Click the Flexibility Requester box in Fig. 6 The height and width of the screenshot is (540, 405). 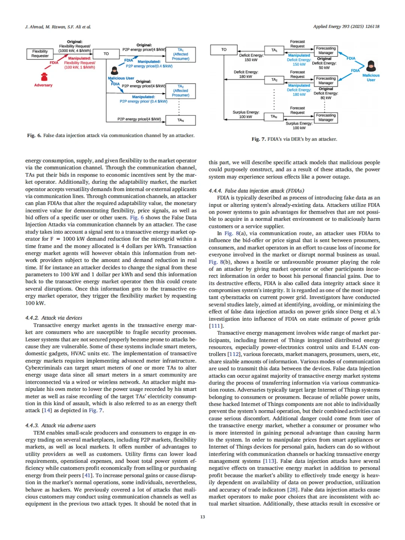tap(40, 54)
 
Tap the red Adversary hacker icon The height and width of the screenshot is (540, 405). tap(44, 77)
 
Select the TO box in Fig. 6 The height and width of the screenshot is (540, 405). tap(106, 54)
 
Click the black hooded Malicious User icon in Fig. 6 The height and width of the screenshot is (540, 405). tap(115, 70)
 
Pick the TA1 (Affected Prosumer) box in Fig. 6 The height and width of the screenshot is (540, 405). tap(180, 54)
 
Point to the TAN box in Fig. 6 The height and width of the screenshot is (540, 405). tap(180, 120)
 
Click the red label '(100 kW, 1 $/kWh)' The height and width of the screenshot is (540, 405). tap(79, 67)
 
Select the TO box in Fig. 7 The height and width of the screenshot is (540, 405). tap(224, 49)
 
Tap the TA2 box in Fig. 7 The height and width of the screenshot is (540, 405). tap(274, 80)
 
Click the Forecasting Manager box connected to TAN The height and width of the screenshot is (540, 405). tap(325, 118)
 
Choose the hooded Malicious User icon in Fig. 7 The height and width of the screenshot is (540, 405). tap(371, 66)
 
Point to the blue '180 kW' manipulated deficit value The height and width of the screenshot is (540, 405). tap(299, 94)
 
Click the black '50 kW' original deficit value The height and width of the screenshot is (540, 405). tap(324, 68)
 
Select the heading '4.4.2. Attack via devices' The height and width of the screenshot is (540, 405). tap(54, 318)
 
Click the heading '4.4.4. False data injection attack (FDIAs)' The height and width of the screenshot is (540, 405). tap(256, 191)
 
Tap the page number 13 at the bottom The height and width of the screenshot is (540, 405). tap(202, 517)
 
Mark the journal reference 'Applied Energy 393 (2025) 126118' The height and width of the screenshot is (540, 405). tap(346, 27)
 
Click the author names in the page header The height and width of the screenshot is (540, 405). tap(58, 27)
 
